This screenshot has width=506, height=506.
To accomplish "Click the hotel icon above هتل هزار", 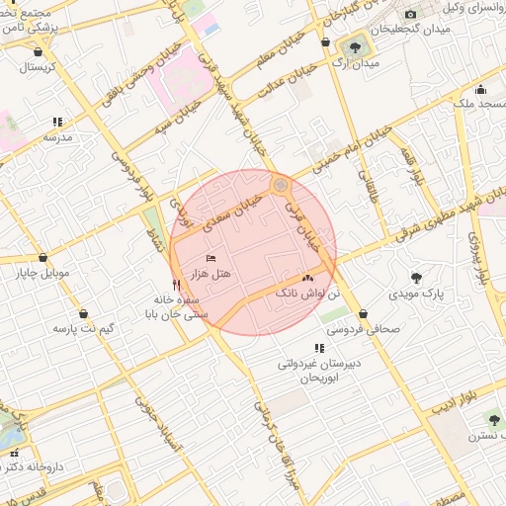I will (x=211, y=259).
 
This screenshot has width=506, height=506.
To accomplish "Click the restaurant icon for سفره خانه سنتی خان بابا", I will (x=176, y=285).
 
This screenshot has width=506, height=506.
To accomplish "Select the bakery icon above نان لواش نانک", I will (x=307, y=279).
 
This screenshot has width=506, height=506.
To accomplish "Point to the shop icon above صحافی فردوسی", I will (x=364, y=314).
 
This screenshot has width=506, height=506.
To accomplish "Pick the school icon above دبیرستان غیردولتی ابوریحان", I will (x=317, y=348).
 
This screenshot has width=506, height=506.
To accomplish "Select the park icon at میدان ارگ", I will (x=354, y=45).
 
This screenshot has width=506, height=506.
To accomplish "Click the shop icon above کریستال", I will (x=38, y=52).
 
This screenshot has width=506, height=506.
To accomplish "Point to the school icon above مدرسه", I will (x=56, y=122).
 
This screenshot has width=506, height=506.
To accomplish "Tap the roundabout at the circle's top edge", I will (x=281, y=184).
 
